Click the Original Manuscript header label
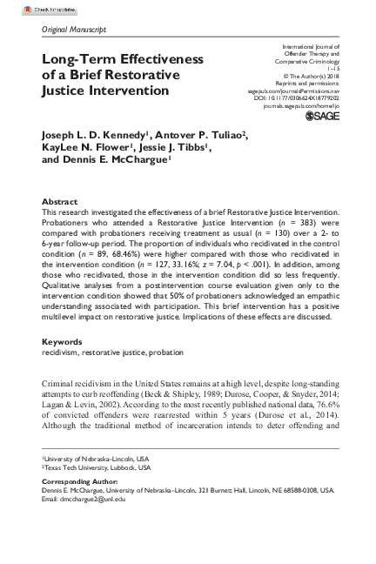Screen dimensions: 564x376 74,30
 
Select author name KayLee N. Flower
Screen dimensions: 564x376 85,148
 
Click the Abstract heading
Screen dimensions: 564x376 59,201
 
